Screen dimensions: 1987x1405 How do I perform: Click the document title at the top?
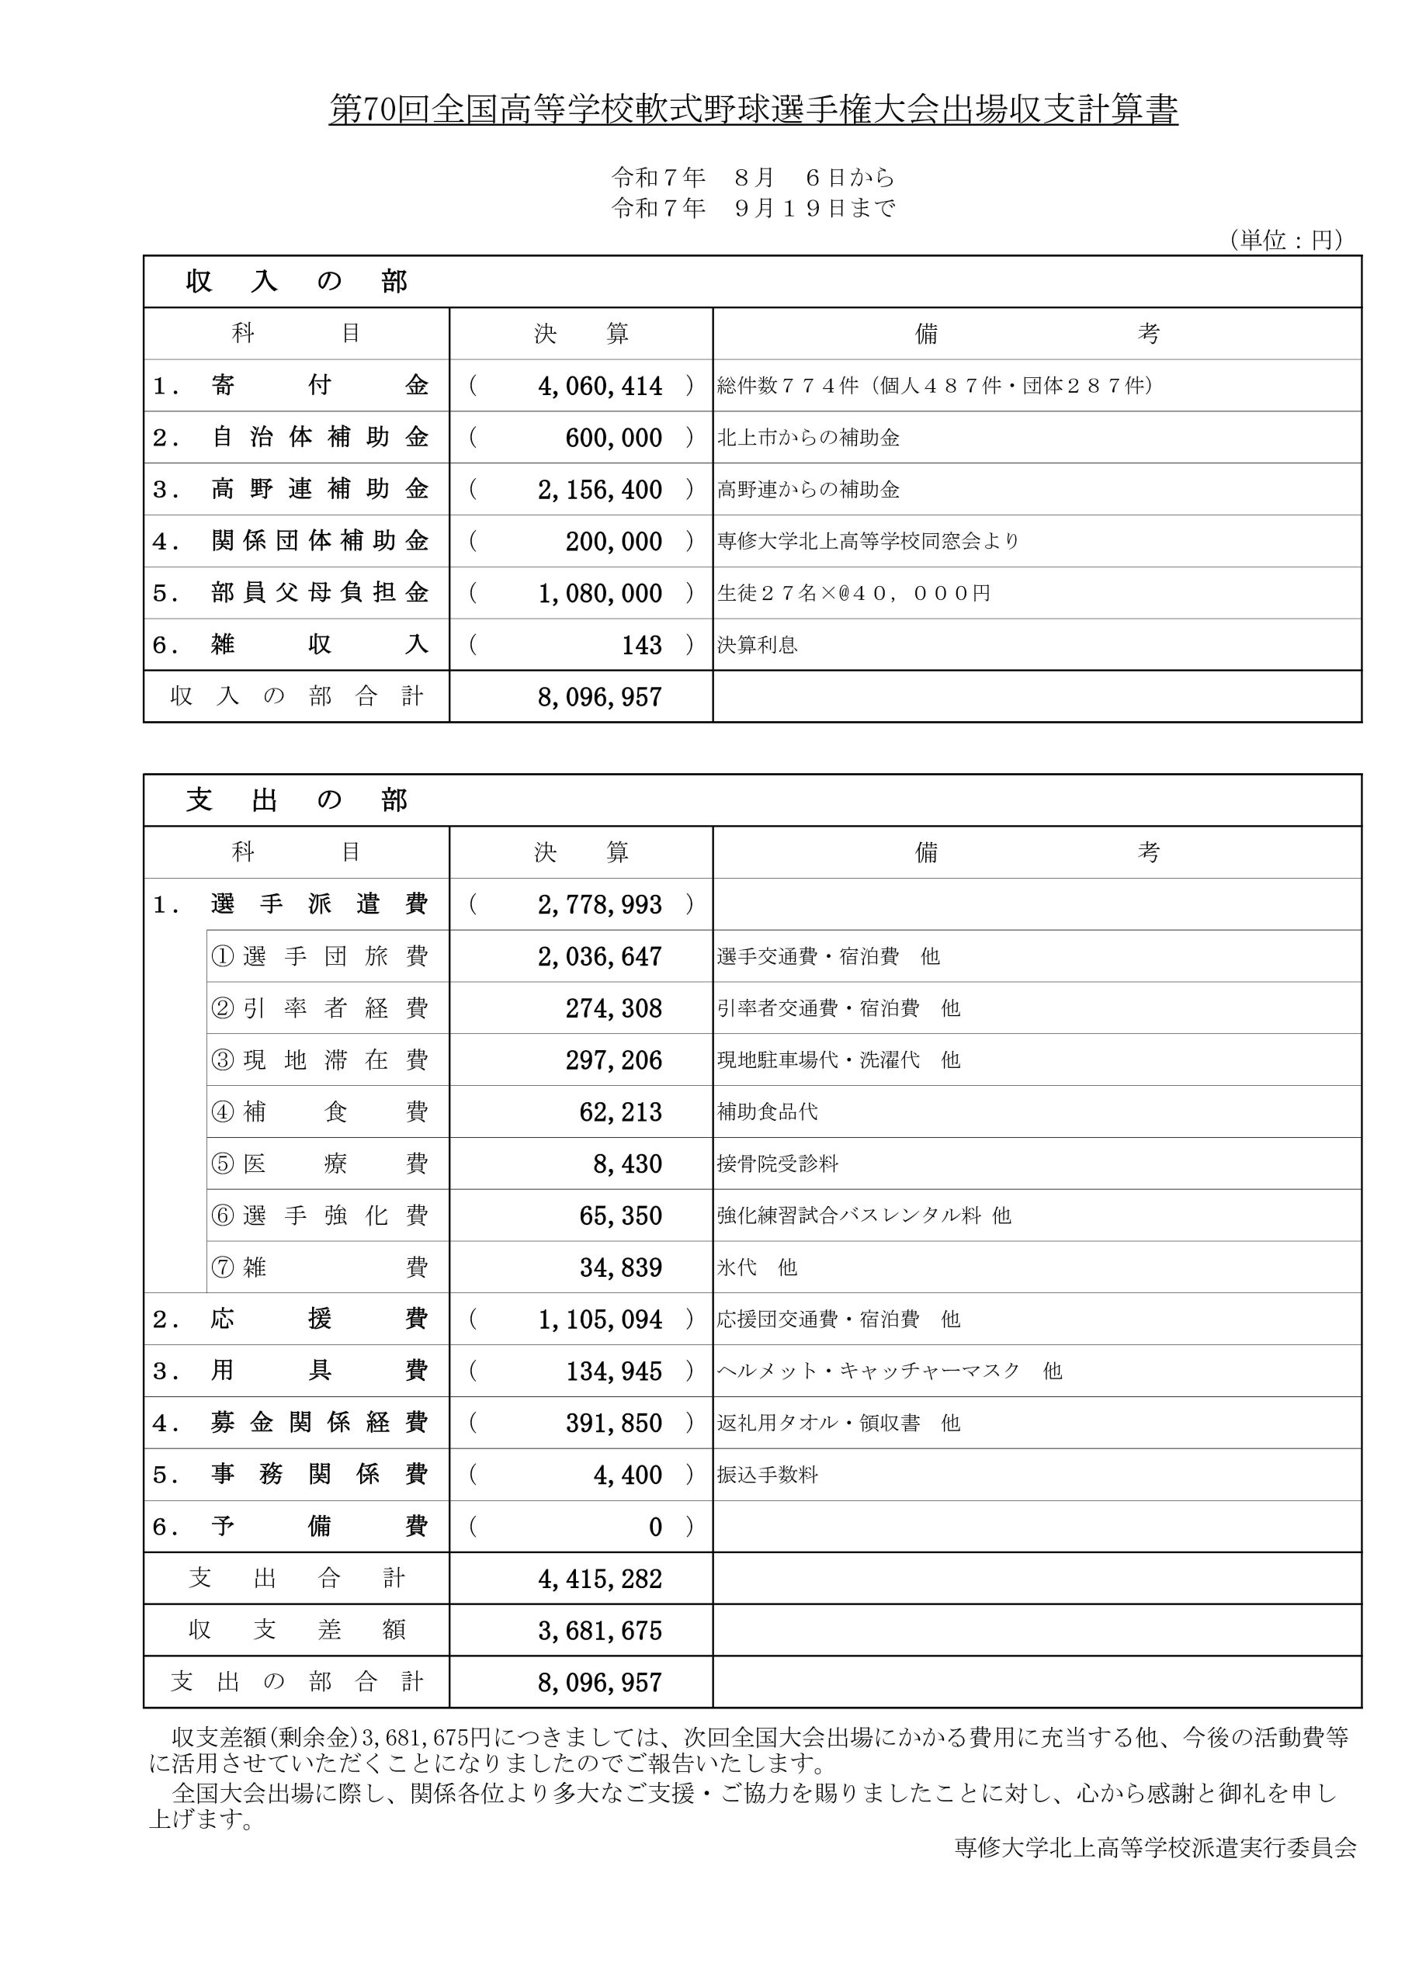(x=753, y=111)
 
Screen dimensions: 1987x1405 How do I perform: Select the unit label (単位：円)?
(x=1285, y=240)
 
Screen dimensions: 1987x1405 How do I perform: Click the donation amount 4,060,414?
(x=600, y=386)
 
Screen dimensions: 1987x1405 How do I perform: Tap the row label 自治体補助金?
(x=320, y=438)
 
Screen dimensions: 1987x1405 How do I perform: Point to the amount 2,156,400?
(x=600, y=490)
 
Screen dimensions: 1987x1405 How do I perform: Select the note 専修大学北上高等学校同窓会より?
(x=869, y=542)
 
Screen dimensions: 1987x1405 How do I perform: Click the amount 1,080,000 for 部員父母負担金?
(x=600, y=594)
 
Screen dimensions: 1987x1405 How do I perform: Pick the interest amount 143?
(x=641, y=646)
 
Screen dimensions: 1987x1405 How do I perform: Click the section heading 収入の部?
(x=296, y=282)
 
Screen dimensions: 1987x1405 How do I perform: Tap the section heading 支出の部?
(x=296, y=800)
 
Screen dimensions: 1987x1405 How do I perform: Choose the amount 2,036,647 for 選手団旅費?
(x=600, y=956)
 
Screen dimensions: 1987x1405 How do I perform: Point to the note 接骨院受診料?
(x=777, y=1164)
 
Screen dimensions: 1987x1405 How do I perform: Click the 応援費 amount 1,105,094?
(x=600, y=1319)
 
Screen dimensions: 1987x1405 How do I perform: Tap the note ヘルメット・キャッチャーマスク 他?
(x=889, y=1371)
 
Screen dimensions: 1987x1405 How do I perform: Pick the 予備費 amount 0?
(x=655, y=1527)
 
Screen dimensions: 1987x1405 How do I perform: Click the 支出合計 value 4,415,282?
(x=600, y=1579)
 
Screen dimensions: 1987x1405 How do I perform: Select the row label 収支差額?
(x=296, y=1631)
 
